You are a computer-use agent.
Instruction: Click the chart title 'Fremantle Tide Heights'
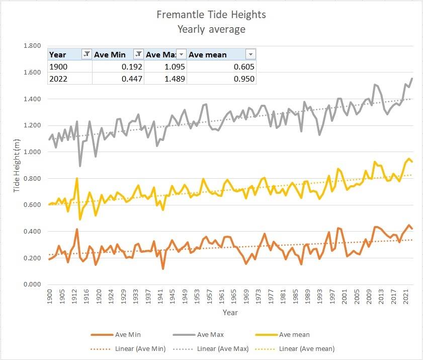coord(211,15)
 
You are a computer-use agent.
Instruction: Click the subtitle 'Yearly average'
coord(211,29)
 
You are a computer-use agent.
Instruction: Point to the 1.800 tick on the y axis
coord(33,46)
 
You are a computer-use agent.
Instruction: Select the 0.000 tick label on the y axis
coord(33,284)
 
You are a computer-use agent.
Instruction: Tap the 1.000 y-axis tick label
coord(33,152)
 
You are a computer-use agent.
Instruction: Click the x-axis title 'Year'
coord(230,313)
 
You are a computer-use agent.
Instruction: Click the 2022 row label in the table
coord(58,79)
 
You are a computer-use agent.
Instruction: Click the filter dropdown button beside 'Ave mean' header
coord(250,54)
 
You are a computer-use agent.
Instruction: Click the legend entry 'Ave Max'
coord(210,335)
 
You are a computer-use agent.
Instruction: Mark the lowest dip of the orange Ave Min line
coord(163,268)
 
